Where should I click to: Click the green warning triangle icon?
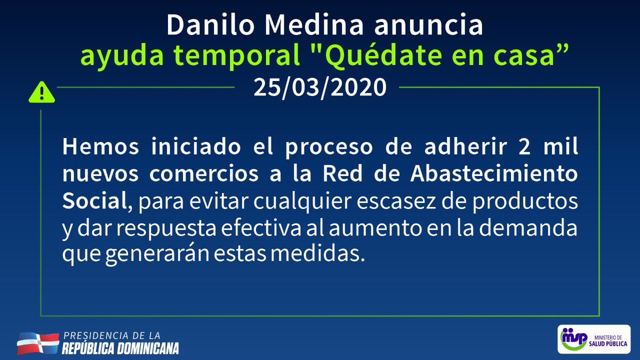click(42, 93)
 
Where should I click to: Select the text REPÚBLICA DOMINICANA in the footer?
click(121, 349)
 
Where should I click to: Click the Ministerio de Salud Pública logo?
click(594, 339)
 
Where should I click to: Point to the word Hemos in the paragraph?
click(98, 147)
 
